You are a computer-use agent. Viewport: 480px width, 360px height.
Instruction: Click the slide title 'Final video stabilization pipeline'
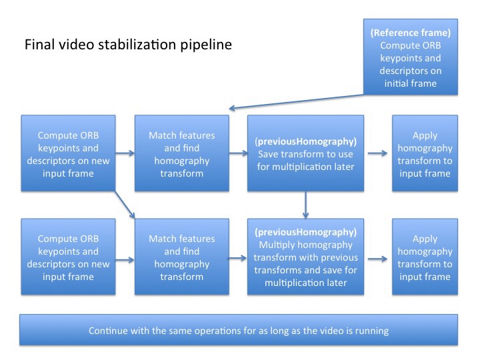129,45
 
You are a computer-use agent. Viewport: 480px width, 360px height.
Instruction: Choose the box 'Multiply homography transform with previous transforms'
305,257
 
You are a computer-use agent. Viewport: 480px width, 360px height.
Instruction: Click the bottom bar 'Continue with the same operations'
239,331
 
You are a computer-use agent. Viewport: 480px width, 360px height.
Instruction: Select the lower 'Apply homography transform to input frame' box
425,257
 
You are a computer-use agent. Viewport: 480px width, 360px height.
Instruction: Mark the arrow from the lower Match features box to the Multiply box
238,257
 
